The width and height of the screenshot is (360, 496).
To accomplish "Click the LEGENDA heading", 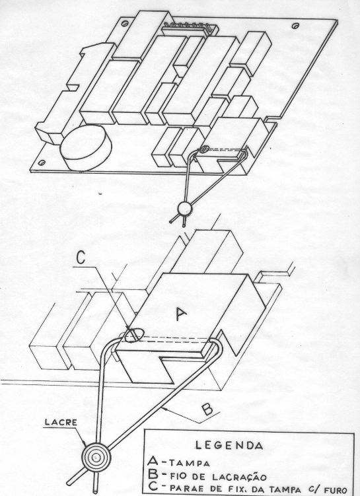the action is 229,445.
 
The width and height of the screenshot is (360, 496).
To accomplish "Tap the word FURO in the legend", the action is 334,490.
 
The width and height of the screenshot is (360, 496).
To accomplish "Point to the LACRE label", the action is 61,422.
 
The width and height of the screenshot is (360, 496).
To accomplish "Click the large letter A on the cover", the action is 180,314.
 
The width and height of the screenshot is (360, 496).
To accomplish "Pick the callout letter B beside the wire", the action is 207,409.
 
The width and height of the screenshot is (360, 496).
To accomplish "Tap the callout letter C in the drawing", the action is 81,258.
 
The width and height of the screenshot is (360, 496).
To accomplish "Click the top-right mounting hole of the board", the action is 295,26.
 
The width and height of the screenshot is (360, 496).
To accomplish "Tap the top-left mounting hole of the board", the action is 125,23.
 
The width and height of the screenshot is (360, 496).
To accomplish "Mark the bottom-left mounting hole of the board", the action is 41,162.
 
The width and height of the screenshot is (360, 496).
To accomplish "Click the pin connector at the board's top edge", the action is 189,28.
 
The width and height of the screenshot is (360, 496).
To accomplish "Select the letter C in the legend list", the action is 153,487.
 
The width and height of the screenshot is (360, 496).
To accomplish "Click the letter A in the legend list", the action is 153,462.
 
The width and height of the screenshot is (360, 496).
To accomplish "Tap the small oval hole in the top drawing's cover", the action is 205,148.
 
